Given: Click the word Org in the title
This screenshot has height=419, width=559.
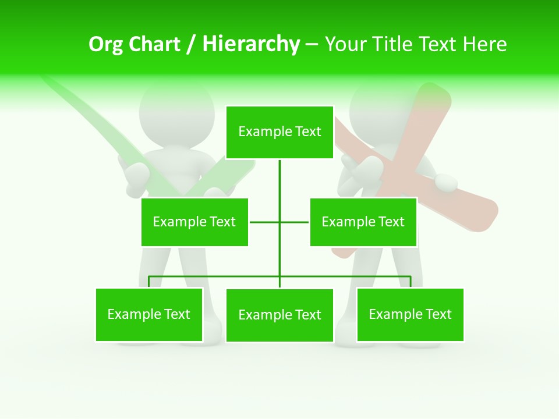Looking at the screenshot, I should pos(105,44).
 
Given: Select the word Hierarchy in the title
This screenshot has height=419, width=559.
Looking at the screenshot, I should pos(251,44).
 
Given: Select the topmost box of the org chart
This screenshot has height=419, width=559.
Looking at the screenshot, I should pos(279,132).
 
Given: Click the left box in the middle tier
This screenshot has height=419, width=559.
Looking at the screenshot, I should pos(194,222).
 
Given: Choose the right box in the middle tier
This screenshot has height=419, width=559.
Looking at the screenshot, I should pos(363,222).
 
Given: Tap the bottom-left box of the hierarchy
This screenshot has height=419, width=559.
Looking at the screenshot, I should pos(149,314).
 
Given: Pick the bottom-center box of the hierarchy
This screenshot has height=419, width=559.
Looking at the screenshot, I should pos(279,315).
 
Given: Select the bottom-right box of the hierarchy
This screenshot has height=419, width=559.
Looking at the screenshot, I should pos(410,314).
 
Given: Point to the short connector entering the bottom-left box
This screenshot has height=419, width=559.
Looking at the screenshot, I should pos(149,282).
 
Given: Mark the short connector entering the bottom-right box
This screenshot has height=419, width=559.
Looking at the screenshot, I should pos(411,282).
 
